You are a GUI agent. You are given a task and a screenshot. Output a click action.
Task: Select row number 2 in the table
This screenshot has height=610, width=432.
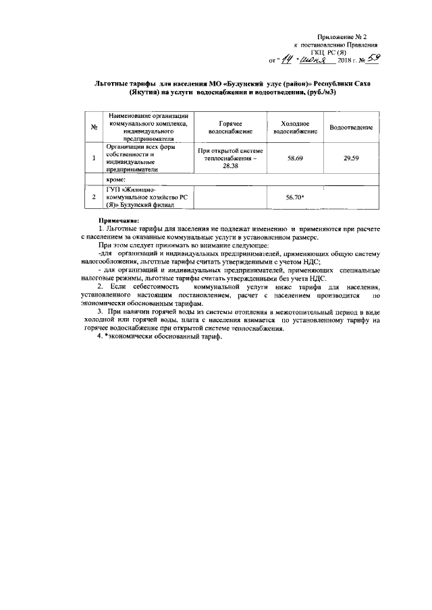pyautogui.click(x=94, y=197)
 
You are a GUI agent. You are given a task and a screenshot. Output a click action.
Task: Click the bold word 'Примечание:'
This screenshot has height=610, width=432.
pyautogui.click(x=118, y=221)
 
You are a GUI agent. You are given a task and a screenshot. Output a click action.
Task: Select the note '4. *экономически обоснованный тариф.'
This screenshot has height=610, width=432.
pyautogui.click(x=159, y=337)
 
